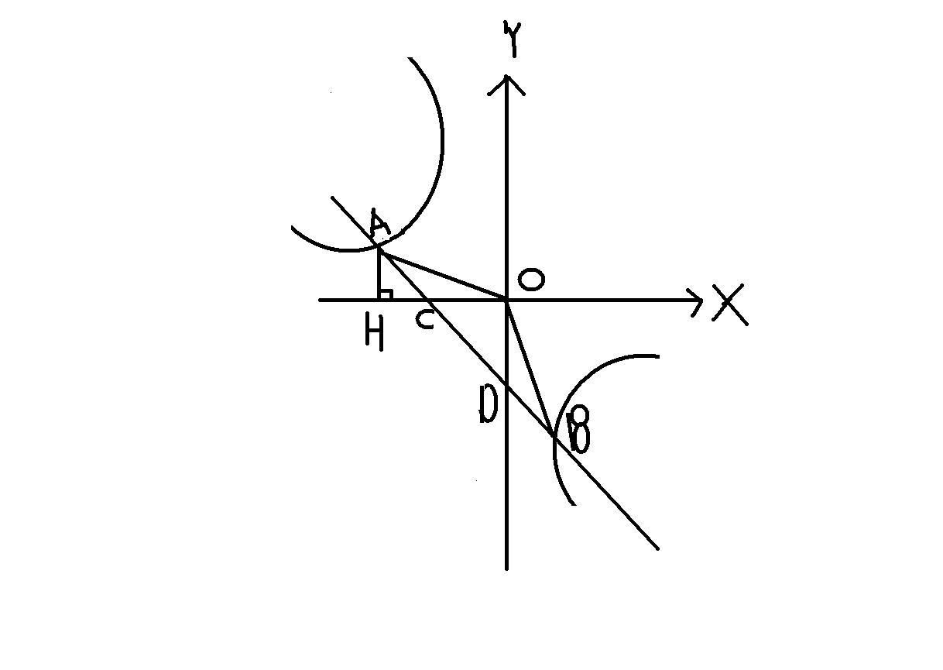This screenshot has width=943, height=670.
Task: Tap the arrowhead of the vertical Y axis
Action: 506,81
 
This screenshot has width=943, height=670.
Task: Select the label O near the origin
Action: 530,280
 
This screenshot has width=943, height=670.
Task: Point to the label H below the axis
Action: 374,334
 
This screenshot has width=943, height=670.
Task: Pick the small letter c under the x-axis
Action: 424,319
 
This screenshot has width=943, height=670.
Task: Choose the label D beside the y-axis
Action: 487,404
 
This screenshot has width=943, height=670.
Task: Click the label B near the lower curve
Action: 579,431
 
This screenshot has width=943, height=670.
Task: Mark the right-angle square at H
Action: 386,294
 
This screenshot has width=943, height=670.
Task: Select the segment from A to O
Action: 441,275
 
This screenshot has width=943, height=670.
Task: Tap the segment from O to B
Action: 530,368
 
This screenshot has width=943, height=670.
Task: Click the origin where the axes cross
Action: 506,299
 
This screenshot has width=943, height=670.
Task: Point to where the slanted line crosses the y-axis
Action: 506,385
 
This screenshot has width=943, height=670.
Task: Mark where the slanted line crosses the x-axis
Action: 428,299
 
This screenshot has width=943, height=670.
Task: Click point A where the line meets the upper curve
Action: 379,248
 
